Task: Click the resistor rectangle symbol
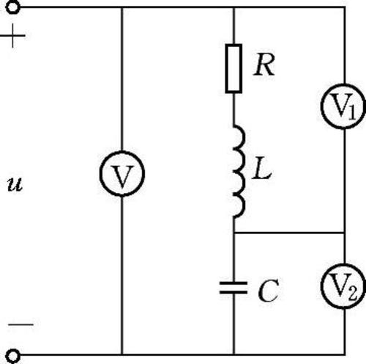[234, 68]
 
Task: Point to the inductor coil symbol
[239, 171]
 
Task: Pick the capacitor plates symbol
[234, 288]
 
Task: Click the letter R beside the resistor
[264, 65]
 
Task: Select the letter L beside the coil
[262, 168]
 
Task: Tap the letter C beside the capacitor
[268, 291]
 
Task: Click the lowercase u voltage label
[15, 184]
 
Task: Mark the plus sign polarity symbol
[12, 36]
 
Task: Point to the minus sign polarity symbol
[20, 325]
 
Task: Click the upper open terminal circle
[13, 7]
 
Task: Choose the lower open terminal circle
[13, 356]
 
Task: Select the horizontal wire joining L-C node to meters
[289, 233]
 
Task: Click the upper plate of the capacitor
[234, 283]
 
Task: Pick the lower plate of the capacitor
[234, 292]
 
